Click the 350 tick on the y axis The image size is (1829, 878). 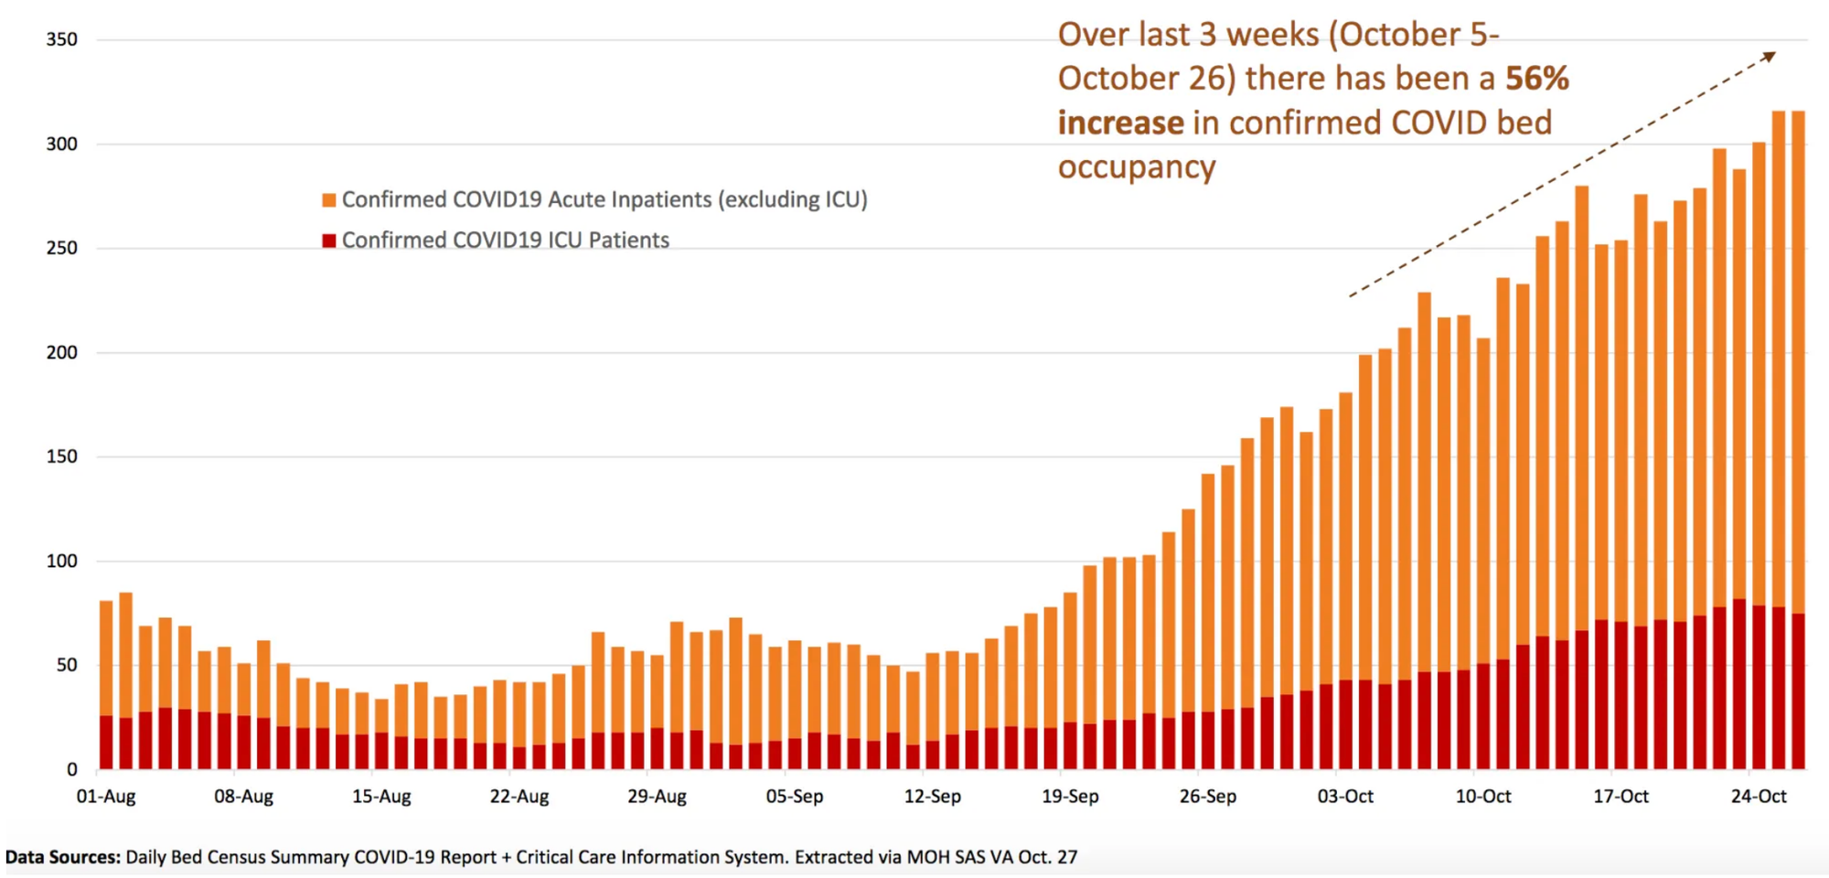61,39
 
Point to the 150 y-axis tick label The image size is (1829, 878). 61,456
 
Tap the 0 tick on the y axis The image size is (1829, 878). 72,770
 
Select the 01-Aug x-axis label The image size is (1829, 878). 106,797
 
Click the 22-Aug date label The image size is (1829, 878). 519,797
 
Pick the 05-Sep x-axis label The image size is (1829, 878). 795,797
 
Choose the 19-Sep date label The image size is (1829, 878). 1070,797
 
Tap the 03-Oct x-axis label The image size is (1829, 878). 1345,797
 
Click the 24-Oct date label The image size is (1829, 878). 1759,797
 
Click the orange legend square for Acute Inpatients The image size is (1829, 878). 329,200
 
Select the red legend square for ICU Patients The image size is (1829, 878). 329,241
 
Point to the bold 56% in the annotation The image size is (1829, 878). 1536,79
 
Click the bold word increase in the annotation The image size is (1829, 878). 1120,123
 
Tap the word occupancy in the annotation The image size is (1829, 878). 1137,168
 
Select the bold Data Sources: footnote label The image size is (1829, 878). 62,858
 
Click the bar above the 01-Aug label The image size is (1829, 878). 106,686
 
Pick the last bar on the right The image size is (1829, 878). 1798,439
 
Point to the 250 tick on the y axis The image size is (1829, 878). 61,248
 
